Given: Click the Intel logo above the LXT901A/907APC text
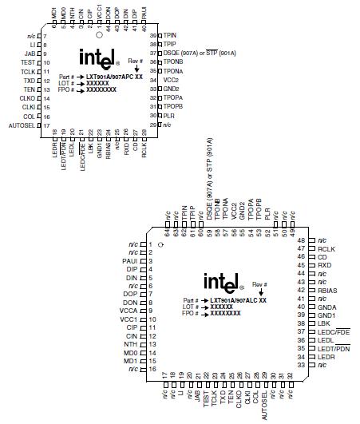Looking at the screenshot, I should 99,57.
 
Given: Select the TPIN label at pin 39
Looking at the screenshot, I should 171,36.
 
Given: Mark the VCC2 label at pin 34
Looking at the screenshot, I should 170,81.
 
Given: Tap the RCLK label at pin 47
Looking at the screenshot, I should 327,248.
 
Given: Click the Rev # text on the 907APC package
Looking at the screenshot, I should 135,60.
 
